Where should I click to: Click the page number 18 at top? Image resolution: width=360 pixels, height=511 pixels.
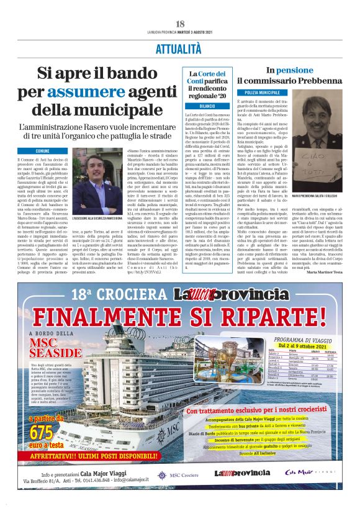(180, 24)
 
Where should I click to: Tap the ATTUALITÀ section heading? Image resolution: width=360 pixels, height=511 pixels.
(179, 48)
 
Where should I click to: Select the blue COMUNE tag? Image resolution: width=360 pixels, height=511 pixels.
(42, 151)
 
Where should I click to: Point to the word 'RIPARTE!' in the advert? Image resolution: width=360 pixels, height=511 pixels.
(279, 317)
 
